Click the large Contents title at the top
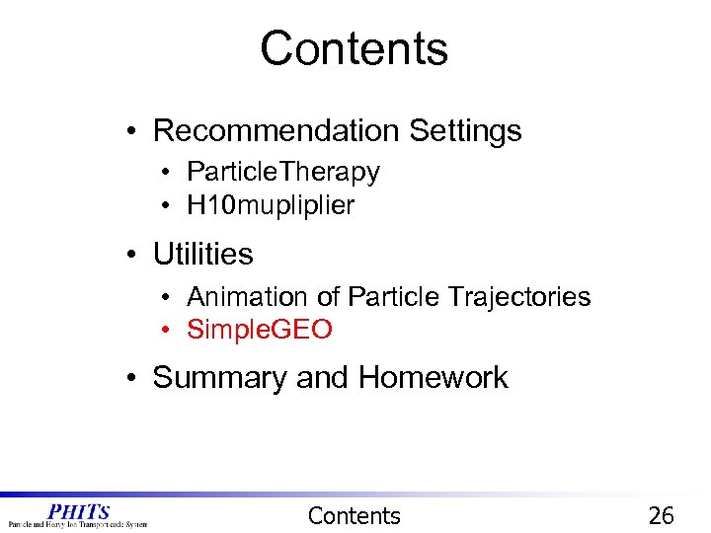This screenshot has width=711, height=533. pos(355,48)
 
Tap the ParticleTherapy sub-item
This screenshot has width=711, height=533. pos(282,172)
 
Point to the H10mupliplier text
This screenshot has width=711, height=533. pos(270,205)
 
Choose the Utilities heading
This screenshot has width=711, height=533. pos(202,254)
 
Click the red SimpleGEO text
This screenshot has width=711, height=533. pos(260,330)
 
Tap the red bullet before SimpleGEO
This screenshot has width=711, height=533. pos(170,330)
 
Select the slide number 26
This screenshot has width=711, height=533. pos(661,515)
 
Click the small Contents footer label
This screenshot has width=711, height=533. pos(355,515)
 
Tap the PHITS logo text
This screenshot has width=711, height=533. pos(79,510)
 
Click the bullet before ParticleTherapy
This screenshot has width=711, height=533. pos(170,173)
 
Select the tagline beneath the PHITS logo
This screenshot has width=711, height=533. pos(78,524)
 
